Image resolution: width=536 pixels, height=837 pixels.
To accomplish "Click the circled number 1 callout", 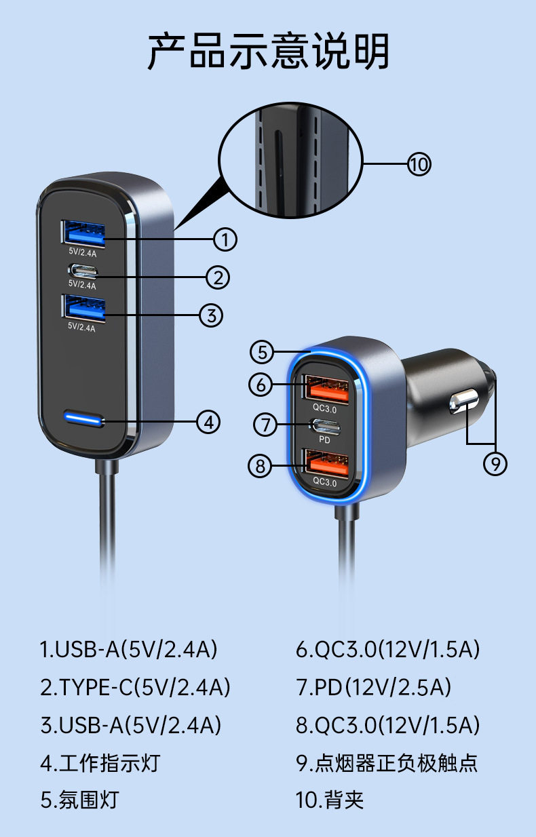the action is pyautogui.click(x=225, y=239).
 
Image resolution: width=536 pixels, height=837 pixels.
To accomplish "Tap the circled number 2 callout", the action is pyautogui.click(x=218, y=277).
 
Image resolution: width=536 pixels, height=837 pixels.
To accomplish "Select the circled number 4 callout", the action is pyautogui.click(x=209, y=422).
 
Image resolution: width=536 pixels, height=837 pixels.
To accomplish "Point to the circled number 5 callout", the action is pyautogui.click(x=263, y=352).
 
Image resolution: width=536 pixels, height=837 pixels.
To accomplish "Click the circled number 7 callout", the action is pyautogui.click(x=266, y=425).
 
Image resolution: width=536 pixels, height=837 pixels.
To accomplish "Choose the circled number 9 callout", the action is pyautogui.click(x=495, y=463).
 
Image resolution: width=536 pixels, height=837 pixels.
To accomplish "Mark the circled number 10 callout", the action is pyautogui.click(x=419, y=164).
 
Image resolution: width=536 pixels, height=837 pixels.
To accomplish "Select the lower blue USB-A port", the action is pyautogui.click(x=84, y=308).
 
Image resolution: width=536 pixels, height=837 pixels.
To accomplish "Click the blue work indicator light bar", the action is pyautogui.click(x=84, y=418).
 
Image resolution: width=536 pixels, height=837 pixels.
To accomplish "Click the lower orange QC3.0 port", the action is pyautogui.click(x=328, y=465).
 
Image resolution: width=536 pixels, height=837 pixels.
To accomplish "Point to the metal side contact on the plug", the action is pyautogui.click(x=463, y=402).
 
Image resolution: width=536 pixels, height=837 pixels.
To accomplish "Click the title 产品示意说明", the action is pyautogui.click(x=269, y=52).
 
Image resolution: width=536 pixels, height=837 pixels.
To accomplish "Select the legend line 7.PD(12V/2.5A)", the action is pyautogui.click(x=373, y=687).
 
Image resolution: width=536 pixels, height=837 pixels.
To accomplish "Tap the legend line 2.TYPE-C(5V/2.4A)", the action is pyautogui.click(x=135, y=687).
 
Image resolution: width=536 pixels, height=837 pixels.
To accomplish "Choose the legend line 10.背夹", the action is pyautogui.click(x=330, y=799).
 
